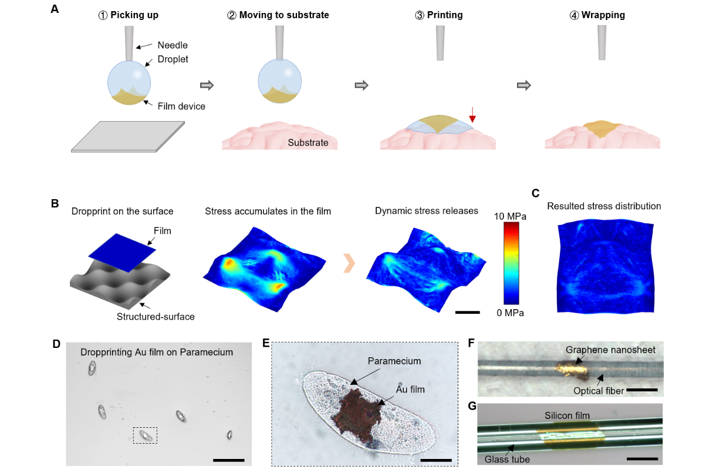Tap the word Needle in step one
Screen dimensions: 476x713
[x=173, y=45]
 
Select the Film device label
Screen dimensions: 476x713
[x=182, y=106]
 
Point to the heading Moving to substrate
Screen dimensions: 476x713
[x=278, y=15]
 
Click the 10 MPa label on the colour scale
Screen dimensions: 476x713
[x=510, y=216]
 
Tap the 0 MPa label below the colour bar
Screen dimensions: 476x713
[x=510, y=313]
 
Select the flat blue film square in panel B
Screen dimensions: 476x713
[x=122, y=246]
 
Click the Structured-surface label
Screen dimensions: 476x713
[x=156, y=317]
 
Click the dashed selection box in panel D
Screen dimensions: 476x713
[x=145, y=435]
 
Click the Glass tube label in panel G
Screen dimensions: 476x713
[x=508, y=460]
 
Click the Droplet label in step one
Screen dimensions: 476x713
[x=173, y=59]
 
